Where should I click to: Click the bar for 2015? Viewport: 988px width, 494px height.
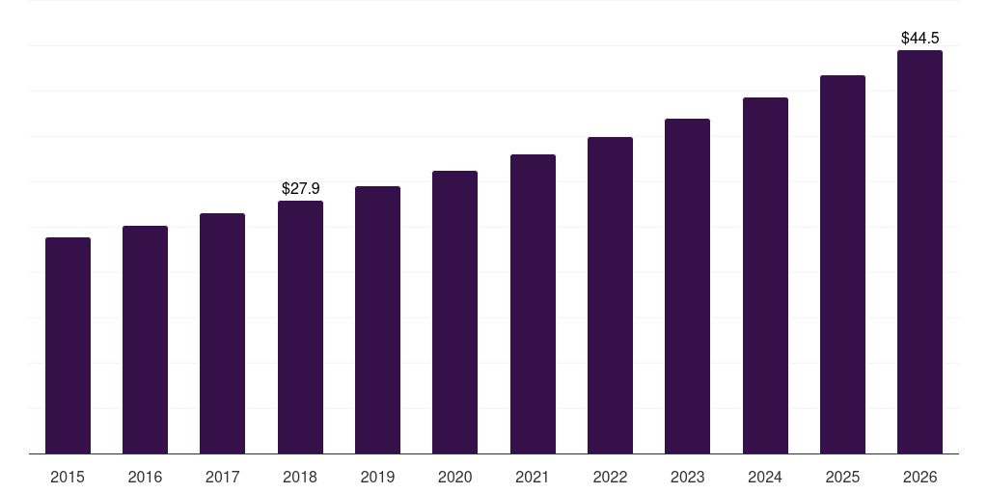pos(68,345)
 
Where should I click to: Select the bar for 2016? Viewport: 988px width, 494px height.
pos(145,340)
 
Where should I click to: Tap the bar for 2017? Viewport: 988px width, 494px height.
pos(222,333)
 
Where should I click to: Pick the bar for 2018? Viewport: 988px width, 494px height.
pos(300,327)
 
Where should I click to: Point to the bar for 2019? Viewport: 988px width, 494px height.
pos(377,319)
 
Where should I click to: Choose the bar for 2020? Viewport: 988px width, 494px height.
pos(454,312)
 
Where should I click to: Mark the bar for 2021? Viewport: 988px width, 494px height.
pos(533,304)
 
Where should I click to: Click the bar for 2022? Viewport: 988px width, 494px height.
pos(610,295)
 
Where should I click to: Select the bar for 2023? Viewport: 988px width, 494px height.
pos(687,286)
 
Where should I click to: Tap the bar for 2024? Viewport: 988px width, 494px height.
pos(765,275)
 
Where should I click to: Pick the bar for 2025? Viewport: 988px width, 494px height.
pos(842,264)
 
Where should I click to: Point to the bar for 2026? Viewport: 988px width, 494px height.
pos(919,252)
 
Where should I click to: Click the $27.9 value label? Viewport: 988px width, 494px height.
pos(300,189)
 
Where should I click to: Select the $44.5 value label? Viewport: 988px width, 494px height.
pos(919,39)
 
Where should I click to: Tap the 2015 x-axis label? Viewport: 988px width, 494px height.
pos(68,477)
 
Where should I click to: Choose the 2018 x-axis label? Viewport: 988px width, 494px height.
pos(300,477)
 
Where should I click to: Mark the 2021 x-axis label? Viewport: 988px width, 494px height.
pos(533,477)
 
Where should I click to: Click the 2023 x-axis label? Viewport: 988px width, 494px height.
pos(687,477)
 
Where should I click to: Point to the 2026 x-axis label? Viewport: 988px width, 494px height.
pos(919,477)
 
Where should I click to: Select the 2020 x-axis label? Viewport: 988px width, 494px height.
pos(454,477)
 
